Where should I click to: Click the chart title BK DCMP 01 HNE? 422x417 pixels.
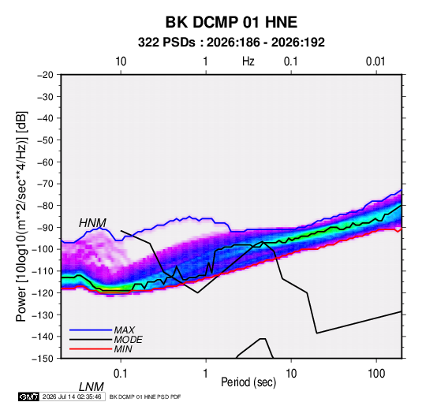[x=231, y=22]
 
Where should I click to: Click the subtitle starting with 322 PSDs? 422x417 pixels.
[x=231, y=43]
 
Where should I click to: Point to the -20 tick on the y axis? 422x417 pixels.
[x=45, y=75]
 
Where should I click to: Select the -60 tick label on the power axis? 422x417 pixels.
[x=45, y=162]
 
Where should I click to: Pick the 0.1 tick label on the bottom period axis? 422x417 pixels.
[x=121, y=374]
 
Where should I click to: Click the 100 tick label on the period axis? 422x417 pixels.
[x=376, y=374]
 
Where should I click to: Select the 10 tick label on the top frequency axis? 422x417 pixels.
[x=121, y=61]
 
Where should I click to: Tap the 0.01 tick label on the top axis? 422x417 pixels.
[x=375, y=61]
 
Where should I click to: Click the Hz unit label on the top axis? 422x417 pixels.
[x=248, y=61]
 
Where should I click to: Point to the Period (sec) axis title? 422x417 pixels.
[x=248, y=382]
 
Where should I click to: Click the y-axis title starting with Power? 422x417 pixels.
[x=21, y=216]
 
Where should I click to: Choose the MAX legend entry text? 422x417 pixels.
[x=125, y=330]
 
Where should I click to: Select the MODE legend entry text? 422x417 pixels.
[x=128, y=340]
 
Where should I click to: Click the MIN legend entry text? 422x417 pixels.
[x=123, y=349]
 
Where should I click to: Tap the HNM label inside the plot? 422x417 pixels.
[x=92, y=223]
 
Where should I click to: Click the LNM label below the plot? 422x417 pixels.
[x=91, y=387]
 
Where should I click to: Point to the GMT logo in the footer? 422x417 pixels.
[x=28, y=397]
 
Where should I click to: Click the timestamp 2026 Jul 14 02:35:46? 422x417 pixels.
[x=72, y=397]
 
